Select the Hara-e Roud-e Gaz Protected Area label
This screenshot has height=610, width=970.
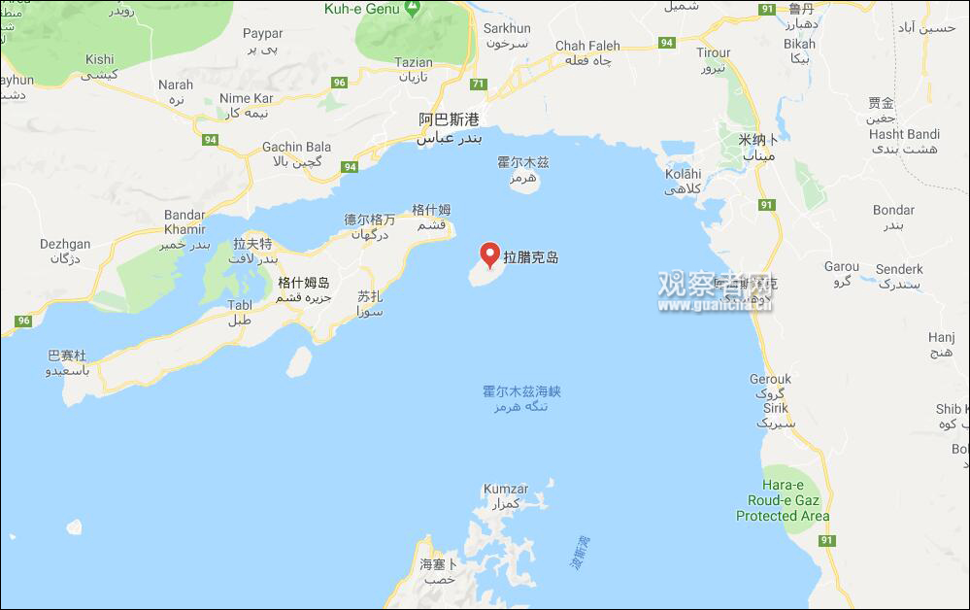[783, 500]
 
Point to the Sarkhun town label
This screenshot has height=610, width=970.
[507, 29]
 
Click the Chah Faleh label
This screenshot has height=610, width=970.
[587, 47]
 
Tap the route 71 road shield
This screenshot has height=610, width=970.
[478, 85]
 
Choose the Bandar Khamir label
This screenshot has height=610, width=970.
[184, 221]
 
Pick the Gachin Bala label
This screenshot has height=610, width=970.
[296, 148]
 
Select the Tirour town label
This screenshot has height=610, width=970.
[714, 53]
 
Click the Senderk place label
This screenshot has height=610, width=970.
[899, 268]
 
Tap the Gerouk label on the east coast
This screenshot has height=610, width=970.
[770, 379]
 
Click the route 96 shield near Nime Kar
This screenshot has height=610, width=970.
[339, 83]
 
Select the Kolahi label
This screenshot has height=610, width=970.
[683, 174]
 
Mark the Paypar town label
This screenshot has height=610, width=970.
[262, 34]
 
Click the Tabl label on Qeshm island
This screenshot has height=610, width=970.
[239, 305]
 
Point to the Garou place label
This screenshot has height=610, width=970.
[841, 266]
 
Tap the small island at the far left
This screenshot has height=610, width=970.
[74, 526]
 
